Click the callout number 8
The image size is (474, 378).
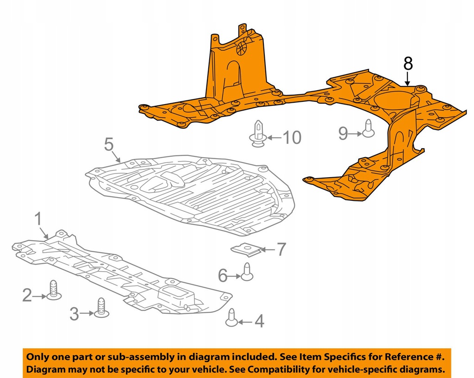(407, 63)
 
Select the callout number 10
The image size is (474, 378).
(292, 137)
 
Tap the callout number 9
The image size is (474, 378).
(343, 134)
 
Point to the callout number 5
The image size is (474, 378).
(109, 145)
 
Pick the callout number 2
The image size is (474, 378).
(28, 295)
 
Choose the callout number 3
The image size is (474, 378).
(74, 314)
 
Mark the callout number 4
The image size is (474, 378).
(259, 321)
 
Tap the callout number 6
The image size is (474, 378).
(223, 276)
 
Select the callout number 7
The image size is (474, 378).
(281, 250)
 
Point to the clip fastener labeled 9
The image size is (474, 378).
(368, 128)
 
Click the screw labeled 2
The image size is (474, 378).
(54, 290)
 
